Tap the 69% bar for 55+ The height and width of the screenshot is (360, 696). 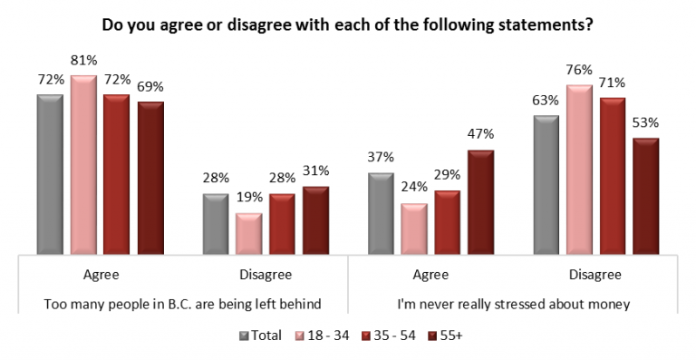(150, 178)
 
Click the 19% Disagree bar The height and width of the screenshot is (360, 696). (248, 234)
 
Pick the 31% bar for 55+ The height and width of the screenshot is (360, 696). (315, 220)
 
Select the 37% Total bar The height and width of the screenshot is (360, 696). (382, 213)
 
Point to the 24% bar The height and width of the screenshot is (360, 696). (415, 229)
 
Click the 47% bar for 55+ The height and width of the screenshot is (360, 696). (481, 201)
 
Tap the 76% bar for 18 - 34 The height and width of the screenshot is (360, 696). (580, 170)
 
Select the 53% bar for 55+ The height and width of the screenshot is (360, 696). (645, 196)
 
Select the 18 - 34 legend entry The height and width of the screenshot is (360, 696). (319, 336)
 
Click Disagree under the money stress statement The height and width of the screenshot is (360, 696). (594, 273)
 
